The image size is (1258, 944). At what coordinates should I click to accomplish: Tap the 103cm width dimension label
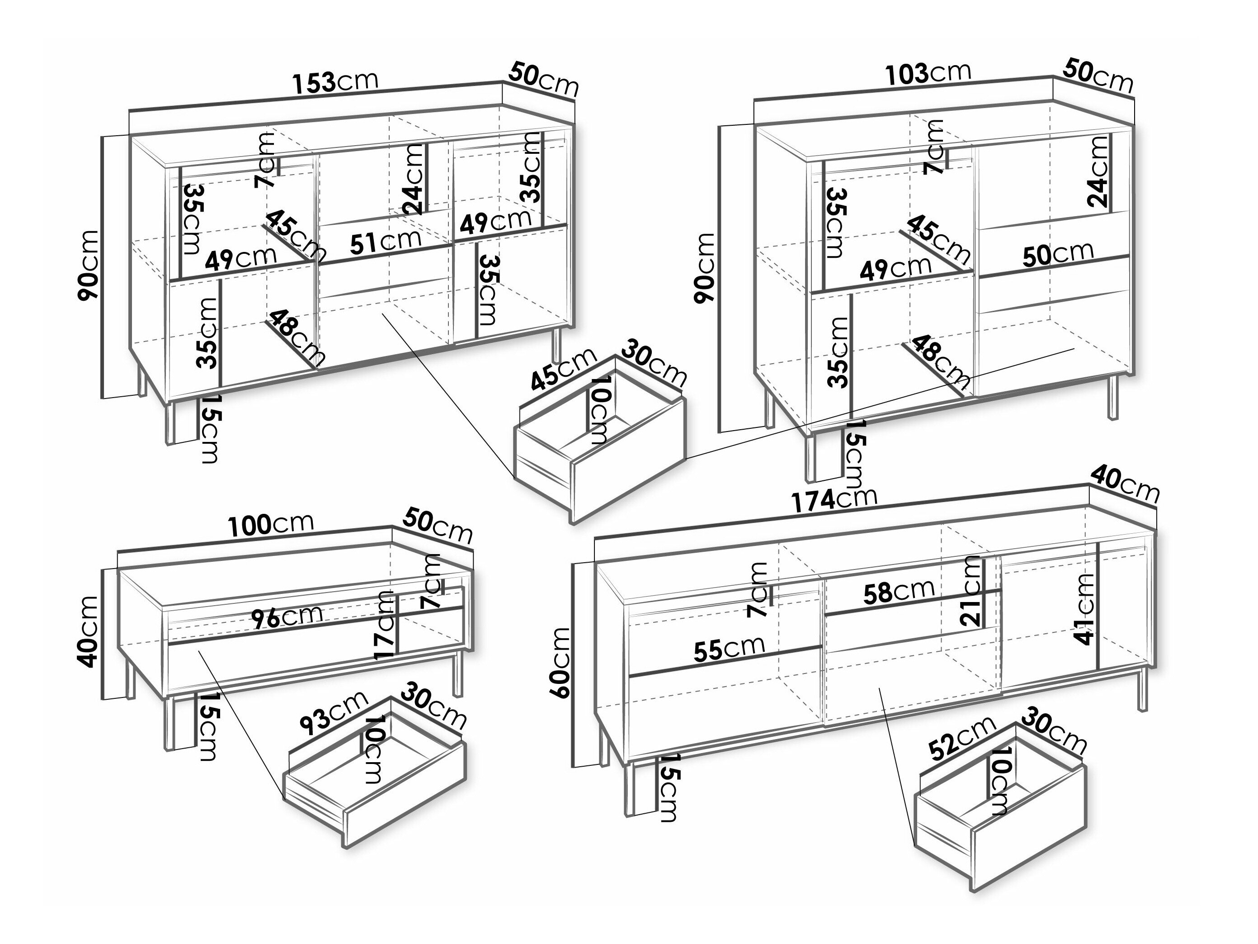coord(928,73)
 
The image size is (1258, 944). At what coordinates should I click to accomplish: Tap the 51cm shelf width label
coord(385,241)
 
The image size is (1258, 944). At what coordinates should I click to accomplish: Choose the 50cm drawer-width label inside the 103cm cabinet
coord(1058,254)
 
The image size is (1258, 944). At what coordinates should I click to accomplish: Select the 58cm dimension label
coord(899,592)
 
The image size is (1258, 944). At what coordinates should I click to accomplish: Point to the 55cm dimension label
coord(729,649)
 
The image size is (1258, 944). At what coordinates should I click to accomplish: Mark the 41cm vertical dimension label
coord(1084,609)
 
